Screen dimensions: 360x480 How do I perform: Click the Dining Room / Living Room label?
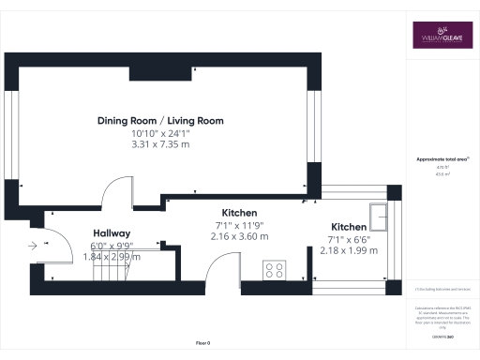point(161,121)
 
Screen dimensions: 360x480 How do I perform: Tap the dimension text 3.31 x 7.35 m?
point(160,145)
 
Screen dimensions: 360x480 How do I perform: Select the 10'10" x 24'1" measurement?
point(160,134)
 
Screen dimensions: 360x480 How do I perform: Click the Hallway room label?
point(111,233)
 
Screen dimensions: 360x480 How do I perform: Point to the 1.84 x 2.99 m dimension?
point(111,256)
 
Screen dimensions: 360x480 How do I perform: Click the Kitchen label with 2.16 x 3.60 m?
point(240,213)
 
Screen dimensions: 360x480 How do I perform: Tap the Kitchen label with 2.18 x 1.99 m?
point(349,228)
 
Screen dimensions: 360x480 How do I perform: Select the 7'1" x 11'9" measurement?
point(240,225)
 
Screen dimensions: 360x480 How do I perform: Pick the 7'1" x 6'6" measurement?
point(349,240)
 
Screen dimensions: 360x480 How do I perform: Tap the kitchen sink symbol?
point(381,217)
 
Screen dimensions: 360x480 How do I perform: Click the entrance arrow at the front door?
point(34,246)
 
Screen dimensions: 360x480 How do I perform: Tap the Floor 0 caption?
point(202,343)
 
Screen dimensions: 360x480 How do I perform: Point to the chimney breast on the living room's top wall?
point(162,71)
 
